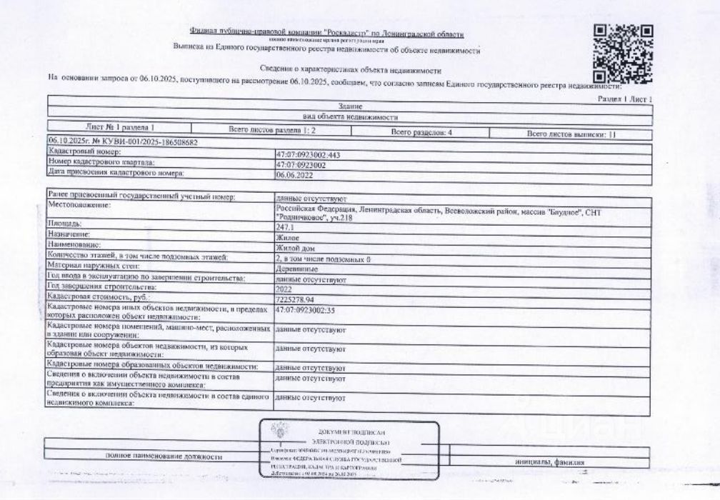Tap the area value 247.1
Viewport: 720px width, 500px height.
(x=284, y=224)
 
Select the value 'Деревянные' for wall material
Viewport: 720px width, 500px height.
(x=296, y=269)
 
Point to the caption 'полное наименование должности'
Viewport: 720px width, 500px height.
(x=163, y=456)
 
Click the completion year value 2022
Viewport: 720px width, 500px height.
(x=284, y=290)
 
